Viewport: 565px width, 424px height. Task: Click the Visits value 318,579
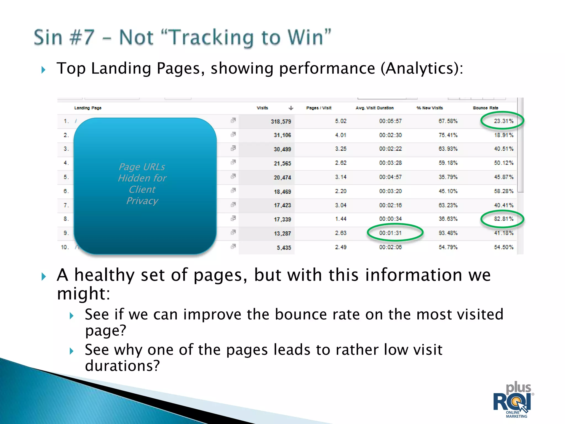point(281,121)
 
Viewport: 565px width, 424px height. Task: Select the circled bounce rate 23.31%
point(503,121)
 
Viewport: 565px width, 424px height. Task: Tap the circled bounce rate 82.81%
point(503,219)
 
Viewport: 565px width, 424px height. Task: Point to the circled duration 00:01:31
point(390,233)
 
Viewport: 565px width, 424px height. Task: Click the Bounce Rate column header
point(485,108)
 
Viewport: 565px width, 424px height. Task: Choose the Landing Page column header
point(88,108)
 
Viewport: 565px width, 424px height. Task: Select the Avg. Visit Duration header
point(374,108)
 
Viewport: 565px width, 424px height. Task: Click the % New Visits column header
point(430,108)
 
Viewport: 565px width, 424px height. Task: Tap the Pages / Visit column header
point(319,108)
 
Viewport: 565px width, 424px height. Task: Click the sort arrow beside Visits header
point(291,108)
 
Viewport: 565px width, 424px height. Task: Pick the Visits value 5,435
point(284,248)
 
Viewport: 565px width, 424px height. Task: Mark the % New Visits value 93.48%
point(448,233)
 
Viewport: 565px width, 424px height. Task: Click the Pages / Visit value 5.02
point(341,121)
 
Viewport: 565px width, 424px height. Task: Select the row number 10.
point(65,247)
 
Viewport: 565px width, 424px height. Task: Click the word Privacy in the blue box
point(142,201)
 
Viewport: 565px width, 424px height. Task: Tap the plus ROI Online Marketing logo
point(514,400)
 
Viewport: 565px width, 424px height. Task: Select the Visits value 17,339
point(282,219)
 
